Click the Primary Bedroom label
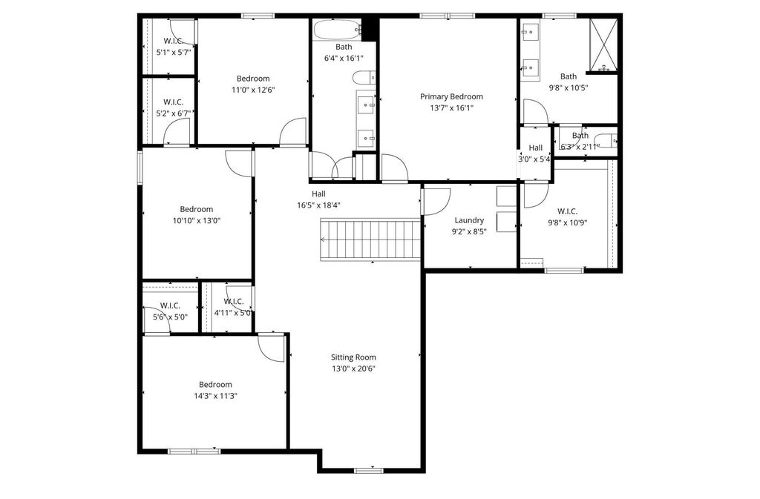[x=451, y=96]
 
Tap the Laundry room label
[x=469, y=220]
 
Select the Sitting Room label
[x=353, y=357]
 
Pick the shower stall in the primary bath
[x=603, y=44]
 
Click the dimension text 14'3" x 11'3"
[x=215, y=396]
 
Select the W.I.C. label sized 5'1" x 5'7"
[x=173, y=41]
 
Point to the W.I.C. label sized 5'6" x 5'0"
[x=170, y=305]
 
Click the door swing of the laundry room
[x=438, y=202]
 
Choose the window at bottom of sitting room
[x=368, y=470]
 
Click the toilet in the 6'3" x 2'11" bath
[x=606, y=140]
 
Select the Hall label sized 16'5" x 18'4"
[x=319, y=194]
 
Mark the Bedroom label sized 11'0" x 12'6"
[x=253, y=79]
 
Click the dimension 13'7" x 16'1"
[x=451, y=108]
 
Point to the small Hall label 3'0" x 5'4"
[x=535, y=148]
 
